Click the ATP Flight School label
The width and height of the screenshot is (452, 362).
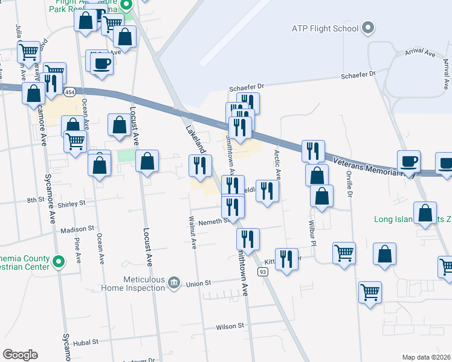[326, 28]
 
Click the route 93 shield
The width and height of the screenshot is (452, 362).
[263, 272]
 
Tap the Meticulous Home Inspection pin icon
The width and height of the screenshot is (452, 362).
[174, 282]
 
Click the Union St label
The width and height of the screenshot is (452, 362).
[198, 284]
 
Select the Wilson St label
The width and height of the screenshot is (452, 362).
[230, 326]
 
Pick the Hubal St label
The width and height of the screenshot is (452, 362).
[86, 342]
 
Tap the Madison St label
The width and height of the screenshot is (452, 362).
[78, 229]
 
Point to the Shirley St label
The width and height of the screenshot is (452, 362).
[72, 205]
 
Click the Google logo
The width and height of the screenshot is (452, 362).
[20, 355]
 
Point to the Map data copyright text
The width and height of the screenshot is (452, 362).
[426, 357]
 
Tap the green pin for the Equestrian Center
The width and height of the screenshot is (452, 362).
[58, 262]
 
